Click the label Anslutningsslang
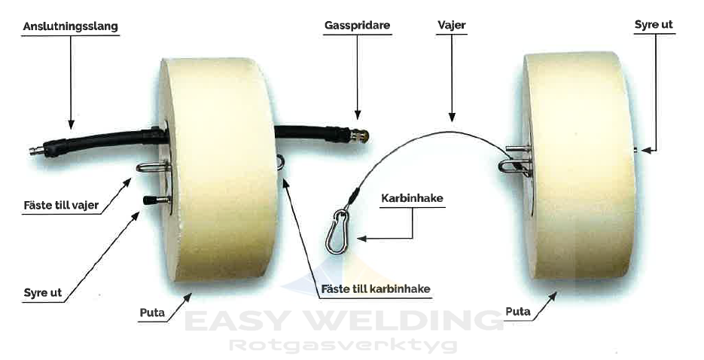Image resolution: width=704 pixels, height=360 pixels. pos(71,26)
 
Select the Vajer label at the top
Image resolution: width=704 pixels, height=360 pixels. pos(451,25)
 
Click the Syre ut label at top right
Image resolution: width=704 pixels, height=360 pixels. pos(654,25)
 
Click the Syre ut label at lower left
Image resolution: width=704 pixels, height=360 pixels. pos(43,291)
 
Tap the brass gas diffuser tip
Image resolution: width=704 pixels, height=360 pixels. pos(362,136)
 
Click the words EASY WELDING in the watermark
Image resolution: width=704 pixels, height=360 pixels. pos(343,321)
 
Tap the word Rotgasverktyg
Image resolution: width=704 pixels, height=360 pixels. pos(343,346)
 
